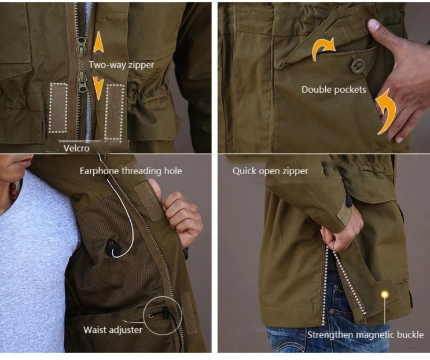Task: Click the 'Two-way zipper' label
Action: click(x=122, y=65)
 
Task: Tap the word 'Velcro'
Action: click(x=76, y=148)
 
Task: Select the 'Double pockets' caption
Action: click(x=334, y=90)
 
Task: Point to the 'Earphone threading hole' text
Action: click(x=131, y=171)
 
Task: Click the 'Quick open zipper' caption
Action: click(x=270, y=171)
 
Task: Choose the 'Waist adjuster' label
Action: click(x=113, y=329)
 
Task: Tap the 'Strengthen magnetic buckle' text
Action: click(x=365, y=335)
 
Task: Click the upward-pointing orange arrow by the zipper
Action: click(x=98, y=42)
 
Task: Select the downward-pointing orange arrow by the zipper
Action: click(x=98, y=88)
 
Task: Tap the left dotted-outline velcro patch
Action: click(x=58, y=108)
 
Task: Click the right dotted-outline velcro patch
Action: click(x=115, y=112)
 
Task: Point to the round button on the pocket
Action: click(x=358, y=66)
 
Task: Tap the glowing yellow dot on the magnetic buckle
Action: click(x=385, y=295)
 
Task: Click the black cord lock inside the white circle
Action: click(x=166, y=313)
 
